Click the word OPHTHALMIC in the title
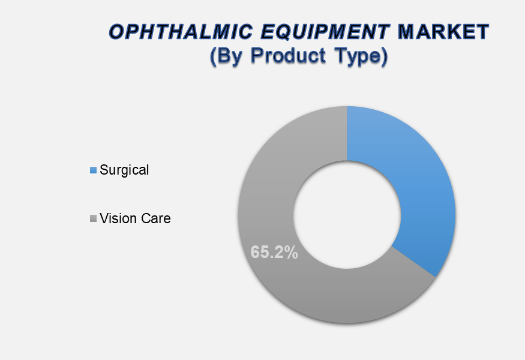click(181, 32)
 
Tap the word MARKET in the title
click(443, 32)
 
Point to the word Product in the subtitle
click(288, 55)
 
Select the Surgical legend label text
click(124, 170)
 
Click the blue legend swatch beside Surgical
click(94, 170)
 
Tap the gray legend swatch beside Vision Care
click(94, 218)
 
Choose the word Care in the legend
click(156, 218)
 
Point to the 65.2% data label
click(274, 252)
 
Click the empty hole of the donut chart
click(347, 215)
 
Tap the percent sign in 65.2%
click(292, 252)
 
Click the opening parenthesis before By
click(213, 56)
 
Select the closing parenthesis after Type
click(384, 56)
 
